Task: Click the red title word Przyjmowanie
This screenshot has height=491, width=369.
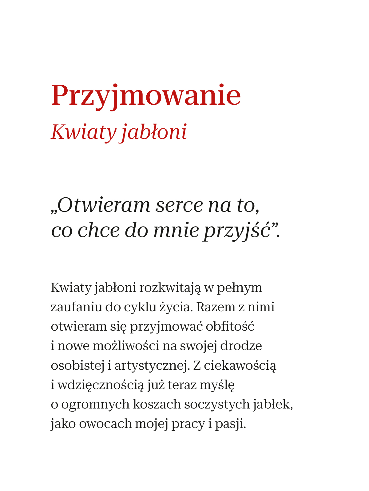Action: pos(146,96)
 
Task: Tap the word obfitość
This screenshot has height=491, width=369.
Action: pos(230,327)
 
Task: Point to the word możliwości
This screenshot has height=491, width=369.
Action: pos(126,346)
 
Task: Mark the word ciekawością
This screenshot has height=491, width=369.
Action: pos(240,366)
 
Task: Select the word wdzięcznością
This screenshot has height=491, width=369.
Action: pos(101,385)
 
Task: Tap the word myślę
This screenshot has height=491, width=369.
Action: pos(217,385)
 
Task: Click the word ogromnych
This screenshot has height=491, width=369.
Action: pos(95,404)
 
